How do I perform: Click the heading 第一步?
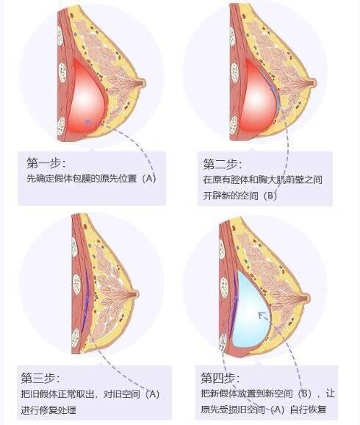tap(46, 163)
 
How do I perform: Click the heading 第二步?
tap(223, 164)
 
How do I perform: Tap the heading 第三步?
tap(40, 378)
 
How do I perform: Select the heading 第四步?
tap(220, 378)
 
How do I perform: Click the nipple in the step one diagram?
tap(143, 83)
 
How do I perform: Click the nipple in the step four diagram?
tap(306, 299)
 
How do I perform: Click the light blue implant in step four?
tap(251, 309)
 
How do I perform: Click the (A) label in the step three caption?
tap(152, 394)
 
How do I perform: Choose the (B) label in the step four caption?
tap(305, 393)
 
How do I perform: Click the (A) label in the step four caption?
tap(277, 410)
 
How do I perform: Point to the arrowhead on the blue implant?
tap(261, 315)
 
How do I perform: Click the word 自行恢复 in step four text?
tap(308, 410)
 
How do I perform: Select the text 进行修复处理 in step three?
tap(48, 410)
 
